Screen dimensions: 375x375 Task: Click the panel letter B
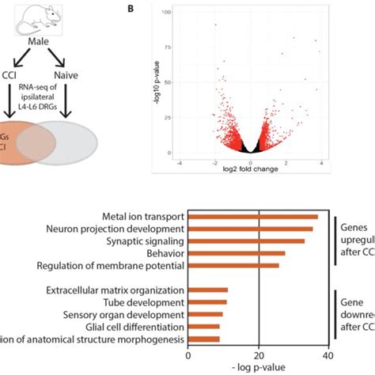(x=129, y=8)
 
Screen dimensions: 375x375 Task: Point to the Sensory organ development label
(x=133, y=315)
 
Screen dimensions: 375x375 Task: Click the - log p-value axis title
(x=260, y=368)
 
